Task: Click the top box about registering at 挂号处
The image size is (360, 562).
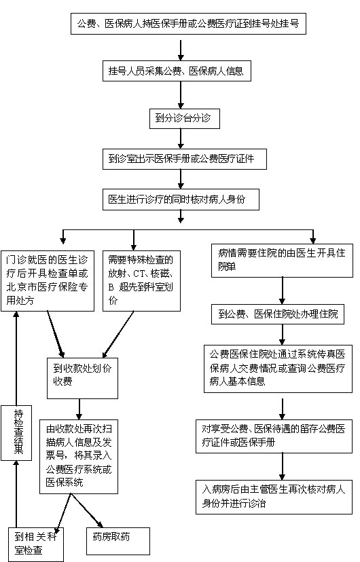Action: [x=188, y=24]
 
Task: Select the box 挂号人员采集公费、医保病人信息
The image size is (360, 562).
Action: [x=177, y=71]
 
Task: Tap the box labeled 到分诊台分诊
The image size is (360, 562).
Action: [x=184, y=118]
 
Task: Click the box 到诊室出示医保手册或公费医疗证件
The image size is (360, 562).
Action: [x=185, y=159]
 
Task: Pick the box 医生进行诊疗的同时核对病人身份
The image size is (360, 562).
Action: [x=181, y=200]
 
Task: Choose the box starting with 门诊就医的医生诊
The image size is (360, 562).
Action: [x=48, y=280]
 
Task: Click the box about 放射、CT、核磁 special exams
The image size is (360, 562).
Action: [x=141, y=280]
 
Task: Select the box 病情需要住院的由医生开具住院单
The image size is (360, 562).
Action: [x=282, y=261]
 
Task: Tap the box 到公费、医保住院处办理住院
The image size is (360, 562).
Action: [x=278, y=314]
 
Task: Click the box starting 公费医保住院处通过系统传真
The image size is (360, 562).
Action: [x=278, y=369]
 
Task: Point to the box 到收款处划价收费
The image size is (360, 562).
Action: [x=82, y=378]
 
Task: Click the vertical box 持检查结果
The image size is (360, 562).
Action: [x=16, y=433]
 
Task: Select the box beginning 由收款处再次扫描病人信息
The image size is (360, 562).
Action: [x=79, y=456]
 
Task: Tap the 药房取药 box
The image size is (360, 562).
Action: [x=118, y=541]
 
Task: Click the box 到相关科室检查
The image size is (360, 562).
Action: [x=36, y=544]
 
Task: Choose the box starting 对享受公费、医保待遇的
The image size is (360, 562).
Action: [x=274, y=436]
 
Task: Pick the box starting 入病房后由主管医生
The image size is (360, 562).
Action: [x=274, y=497]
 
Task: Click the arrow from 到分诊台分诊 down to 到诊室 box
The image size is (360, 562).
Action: [x=181, y=138]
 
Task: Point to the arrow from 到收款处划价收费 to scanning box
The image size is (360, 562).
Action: [x=79, y=409]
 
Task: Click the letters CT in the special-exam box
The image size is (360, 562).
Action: [x=139, y=274]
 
